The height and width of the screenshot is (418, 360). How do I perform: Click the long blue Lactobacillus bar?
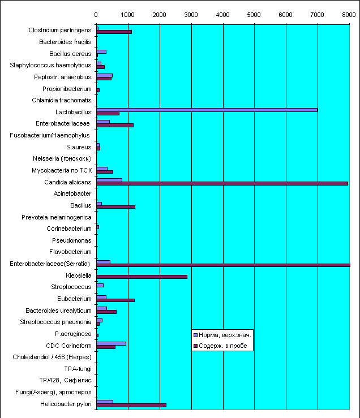pyautogui.click(x=207, y=110)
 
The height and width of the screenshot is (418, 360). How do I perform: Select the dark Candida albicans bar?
pyautogui.click(x=222, y=184)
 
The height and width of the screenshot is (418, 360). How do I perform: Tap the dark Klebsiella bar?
pyautogui.click(x=142, y=277)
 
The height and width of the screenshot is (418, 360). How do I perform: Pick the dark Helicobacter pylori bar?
pyautogui.click(x=131, y=406)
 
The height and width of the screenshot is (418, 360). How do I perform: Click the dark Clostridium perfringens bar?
pyautogui.click(x=114, y=32)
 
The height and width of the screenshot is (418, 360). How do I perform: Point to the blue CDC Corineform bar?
pyautogui.click(x=112, y=344)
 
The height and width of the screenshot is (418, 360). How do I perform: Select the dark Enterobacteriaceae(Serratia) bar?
pyautogui.click(x=224, y=265)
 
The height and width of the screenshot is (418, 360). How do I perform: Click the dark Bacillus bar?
pyautogui.click(x=116, y=207)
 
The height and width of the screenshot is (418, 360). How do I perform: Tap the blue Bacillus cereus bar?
pyautogui.click(x=101, y=51)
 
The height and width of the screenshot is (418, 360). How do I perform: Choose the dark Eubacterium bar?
pyautogui.click(x=115, y=300)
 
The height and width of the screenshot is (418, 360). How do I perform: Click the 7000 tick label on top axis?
pyautogui.click(x=317, y=15)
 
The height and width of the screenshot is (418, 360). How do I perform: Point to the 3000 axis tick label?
pyautogui.click(x=191, y=15)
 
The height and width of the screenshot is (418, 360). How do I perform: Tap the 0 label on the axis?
pyautogui.click(x=96, y=15)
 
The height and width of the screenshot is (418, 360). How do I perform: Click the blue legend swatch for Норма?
pyautogui.click(x=195, y=335)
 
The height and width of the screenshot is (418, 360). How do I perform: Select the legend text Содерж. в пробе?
pyautogui.click(x=223, y=346)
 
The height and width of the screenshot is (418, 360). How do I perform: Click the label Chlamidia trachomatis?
pyautogui.click(x=62, y=100)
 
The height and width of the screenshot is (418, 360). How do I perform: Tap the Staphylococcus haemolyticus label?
pyautogui.click(x=50, y=65)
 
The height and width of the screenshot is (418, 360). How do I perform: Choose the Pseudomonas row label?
pyautogui.click(x=72, y=240)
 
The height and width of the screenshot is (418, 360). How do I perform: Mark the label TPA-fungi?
pyautogui.click(x=78, y=369)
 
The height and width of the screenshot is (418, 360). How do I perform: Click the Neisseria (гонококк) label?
pyautogui.click(x=62, y=158)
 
